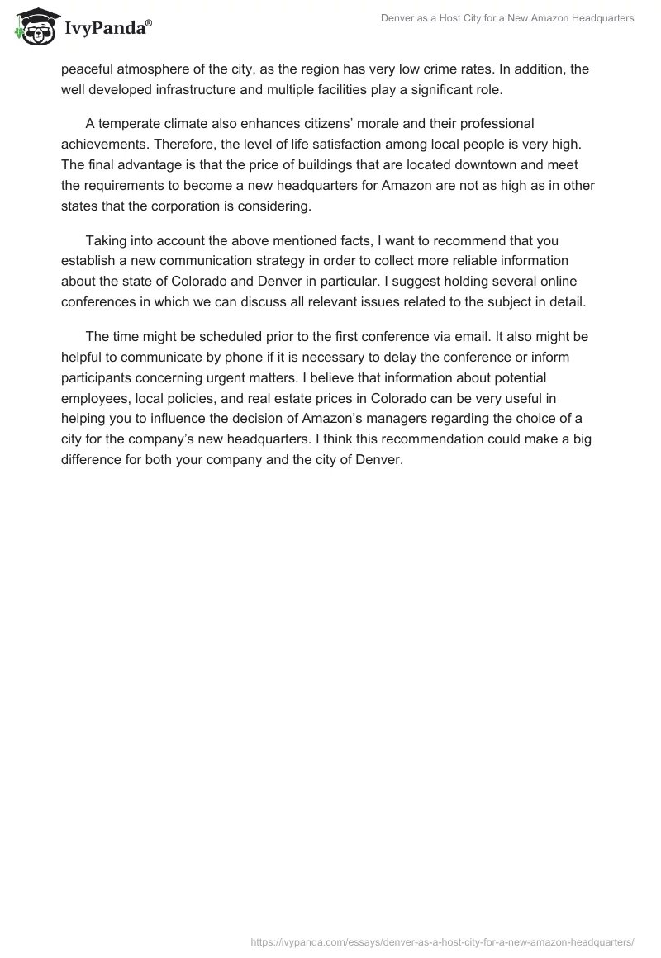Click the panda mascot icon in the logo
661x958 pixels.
click(x=33, y=27)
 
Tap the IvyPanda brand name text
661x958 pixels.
click(x=107, y=29)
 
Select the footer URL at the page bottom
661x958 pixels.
click(x=441, y=940)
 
